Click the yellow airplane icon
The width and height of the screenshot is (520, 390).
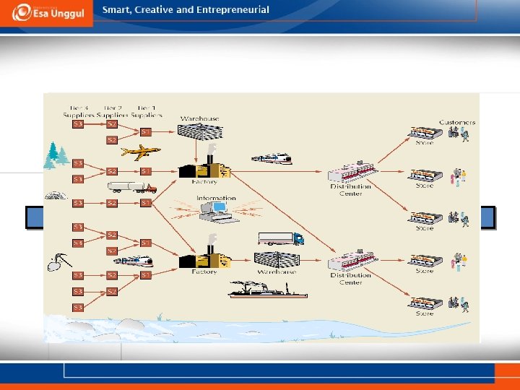[141, 152]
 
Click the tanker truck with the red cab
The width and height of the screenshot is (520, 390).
[131, 187]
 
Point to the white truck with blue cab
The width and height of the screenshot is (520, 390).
[280, 238]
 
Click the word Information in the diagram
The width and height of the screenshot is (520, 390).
[216, 198]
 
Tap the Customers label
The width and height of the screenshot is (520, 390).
[457, 123]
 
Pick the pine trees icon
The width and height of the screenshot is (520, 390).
[56, 153]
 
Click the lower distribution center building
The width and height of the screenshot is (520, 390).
[352, 261]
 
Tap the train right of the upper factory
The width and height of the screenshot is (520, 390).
[272, 158]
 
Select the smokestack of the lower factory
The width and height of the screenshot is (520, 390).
[212, 242]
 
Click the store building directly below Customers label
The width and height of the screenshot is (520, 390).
[425, 133]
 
